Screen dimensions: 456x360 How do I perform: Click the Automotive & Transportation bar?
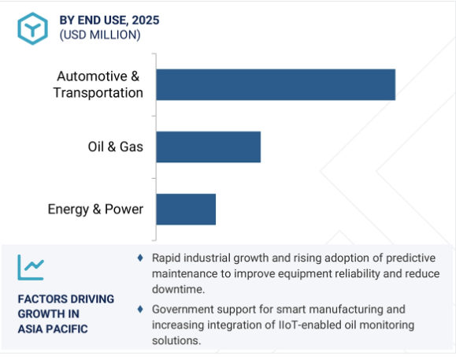tap(276, 84)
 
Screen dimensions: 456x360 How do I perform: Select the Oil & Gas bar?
tap(209, 147)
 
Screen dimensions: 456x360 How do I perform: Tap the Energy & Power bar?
tap(186, 210)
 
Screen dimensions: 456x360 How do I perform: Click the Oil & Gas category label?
tap(116, 147)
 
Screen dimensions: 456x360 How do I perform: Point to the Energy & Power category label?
tap(95, 210)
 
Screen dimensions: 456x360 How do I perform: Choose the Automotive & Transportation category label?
tap(98, 84)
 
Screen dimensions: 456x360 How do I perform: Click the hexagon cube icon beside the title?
tap(32, 28)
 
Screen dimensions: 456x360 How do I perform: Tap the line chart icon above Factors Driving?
tap(31, 268)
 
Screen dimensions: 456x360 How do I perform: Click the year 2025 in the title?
tap(146, 20)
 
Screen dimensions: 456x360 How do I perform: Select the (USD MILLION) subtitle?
tap(100, 35)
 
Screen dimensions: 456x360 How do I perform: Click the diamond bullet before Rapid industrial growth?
tap(140, 258)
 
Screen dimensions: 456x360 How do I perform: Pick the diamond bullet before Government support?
tap(140, 309)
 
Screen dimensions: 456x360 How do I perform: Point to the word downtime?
tap(178, 289)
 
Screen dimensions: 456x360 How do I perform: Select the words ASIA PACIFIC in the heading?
tap(53, 329)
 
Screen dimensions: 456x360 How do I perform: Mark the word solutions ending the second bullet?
tap(176, 340)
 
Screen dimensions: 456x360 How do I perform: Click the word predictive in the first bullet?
tap(410, 258)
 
